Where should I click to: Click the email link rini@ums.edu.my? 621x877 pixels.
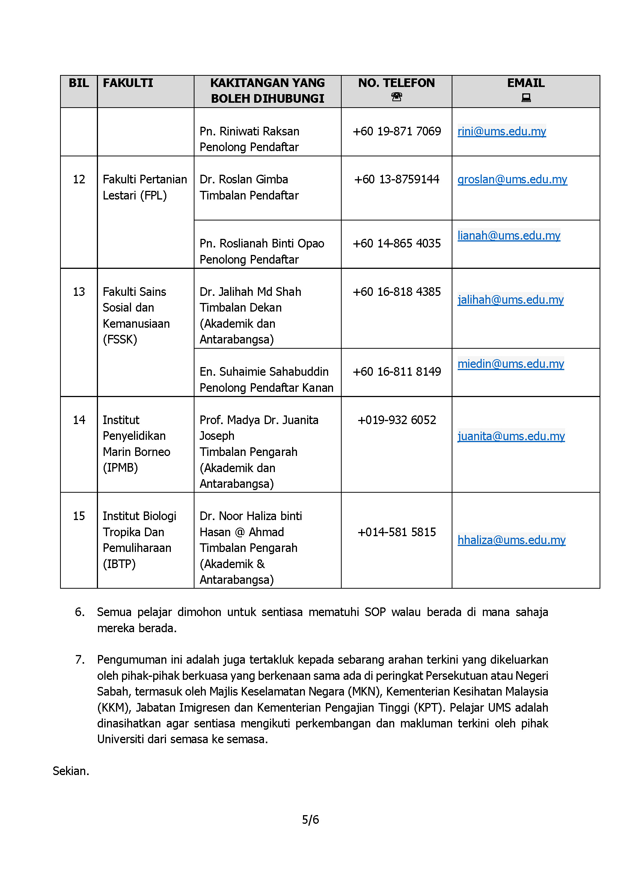(501, 131)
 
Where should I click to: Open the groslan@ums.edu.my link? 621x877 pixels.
(512, 180)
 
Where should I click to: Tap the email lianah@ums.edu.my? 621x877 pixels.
(509, 236)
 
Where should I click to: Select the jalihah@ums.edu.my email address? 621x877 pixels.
(510, 300)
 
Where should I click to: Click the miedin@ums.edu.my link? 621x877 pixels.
(511, 364)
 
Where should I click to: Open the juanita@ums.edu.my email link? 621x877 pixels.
(511, 436)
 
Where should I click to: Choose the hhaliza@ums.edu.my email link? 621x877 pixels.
(511, 540)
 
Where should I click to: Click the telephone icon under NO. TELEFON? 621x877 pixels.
(396, 97)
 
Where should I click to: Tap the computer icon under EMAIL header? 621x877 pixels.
(526, 98)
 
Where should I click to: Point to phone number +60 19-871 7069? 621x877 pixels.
(396, 131)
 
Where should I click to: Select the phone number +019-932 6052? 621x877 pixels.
(396, 420)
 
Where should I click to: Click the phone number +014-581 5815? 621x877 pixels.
(396, 532)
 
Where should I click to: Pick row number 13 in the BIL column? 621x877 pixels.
(79, 292)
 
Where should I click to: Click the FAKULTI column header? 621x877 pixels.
(128, 83)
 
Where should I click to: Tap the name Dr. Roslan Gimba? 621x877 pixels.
(244, 180)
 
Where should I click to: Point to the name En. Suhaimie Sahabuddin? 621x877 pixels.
(264, 372)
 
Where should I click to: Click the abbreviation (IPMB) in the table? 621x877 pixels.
(120, 468)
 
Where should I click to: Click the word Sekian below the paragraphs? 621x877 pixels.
(71, 771)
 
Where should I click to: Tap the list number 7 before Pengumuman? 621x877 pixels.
(80, 660)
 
